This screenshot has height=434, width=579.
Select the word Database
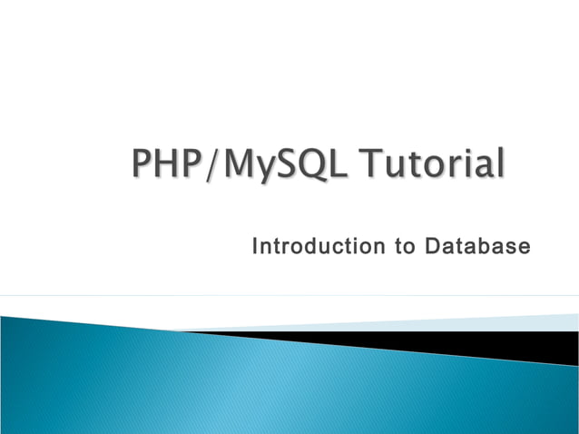tap(473, 246)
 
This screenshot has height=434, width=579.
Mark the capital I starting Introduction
tap(255, 246)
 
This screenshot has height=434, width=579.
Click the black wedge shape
tap(508, 346)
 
